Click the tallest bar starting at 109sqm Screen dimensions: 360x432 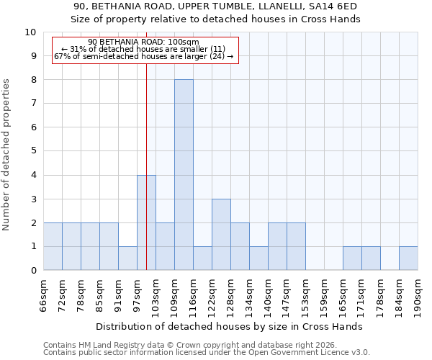[x=184, y=175]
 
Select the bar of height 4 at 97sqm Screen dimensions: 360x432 [x=146, y=222]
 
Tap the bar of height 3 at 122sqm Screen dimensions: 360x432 [x=221, y=235]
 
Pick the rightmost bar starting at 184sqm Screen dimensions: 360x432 [x=408, y=258]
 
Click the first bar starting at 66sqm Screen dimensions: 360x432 [x=53, y=246]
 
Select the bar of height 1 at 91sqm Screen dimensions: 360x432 [x=127, y=258]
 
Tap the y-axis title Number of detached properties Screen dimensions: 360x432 [x=6, y=156]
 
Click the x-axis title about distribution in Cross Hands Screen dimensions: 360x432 [x=229, y=326]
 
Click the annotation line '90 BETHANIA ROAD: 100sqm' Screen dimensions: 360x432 [x=143, y=42]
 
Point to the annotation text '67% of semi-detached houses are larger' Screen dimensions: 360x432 [x=143, y=56]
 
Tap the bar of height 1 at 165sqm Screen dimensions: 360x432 [x=352, y=258]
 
